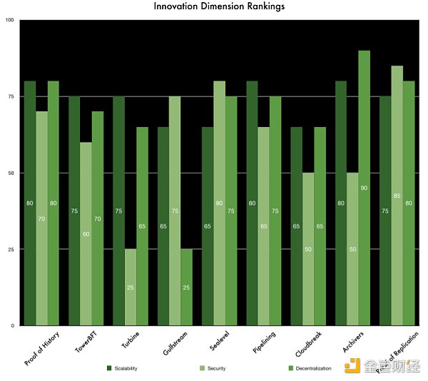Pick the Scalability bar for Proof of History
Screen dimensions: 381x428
tap(29, 203)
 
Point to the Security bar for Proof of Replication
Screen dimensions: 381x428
tap(397, 195)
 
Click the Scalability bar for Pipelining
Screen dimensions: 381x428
tap(252, 203)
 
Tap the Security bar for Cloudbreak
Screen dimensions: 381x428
tap(308, 249)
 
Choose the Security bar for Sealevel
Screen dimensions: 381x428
tap(219, 203)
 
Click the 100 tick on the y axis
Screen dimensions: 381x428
tap(9, 20)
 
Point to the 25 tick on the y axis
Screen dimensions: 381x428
tap(11, 249)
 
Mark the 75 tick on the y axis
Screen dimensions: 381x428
tap(11, 96)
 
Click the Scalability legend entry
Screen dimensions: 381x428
tap(121, 368)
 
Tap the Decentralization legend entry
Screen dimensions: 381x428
tap(307, 368)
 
